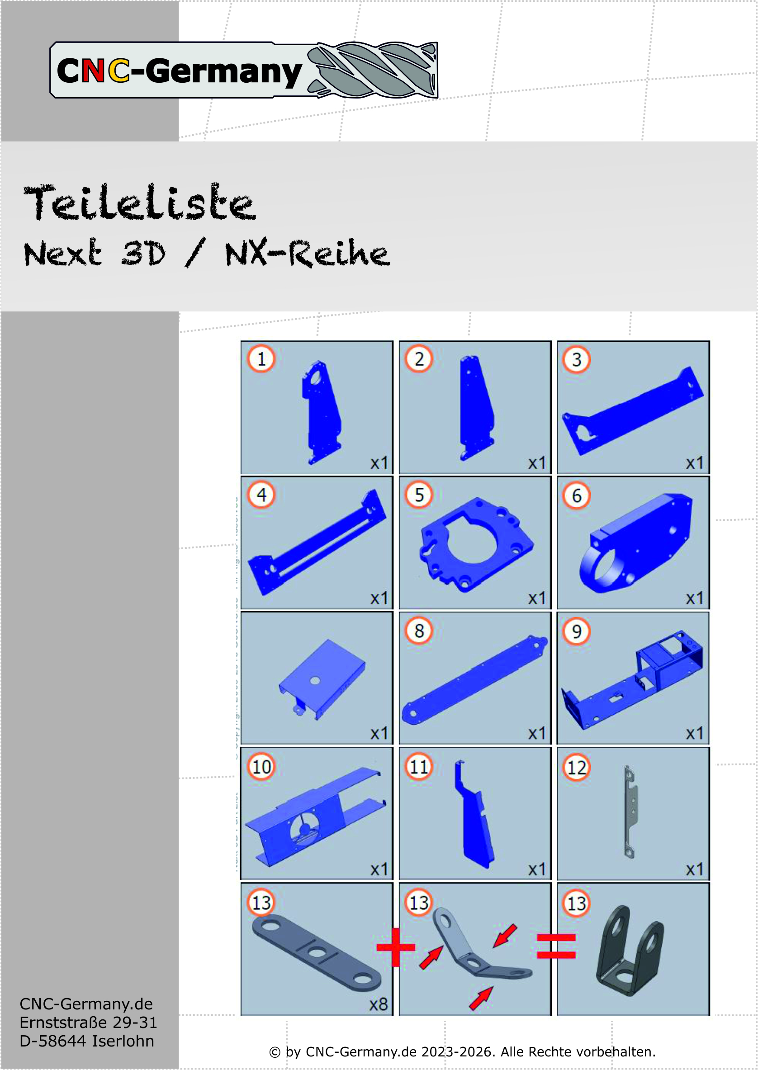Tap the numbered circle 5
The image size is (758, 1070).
419,495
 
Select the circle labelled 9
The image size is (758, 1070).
577,631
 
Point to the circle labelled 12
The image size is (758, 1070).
577,767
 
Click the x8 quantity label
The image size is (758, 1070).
378,1005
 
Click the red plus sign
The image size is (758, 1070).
396,947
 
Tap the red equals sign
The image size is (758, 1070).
556,947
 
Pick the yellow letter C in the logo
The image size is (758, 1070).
118,71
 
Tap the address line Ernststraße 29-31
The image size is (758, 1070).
88,1023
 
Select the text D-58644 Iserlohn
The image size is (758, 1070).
87,1041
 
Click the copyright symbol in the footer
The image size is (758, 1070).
275,1052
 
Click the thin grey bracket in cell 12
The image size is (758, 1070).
630,811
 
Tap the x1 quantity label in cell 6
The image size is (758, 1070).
695,599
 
